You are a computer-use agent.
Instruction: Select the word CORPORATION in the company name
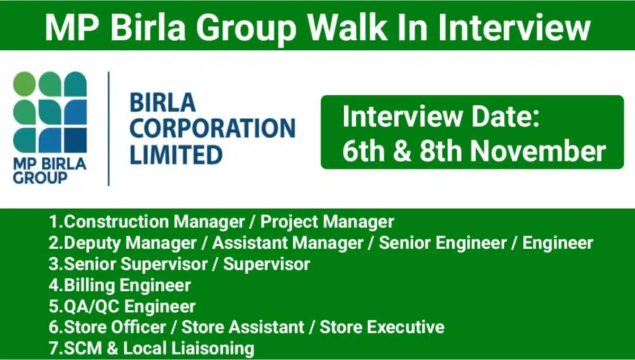212,129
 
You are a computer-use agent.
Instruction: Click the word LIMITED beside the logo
176,155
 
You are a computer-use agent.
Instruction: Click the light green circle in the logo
24,84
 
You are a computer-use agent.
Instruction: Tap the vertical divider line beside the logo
108,129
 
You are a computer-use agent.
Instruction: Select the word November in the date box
538,151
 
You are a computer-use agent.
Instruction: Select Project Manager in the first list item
328,222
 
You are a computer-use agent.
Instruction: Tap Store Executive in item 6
382,327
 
